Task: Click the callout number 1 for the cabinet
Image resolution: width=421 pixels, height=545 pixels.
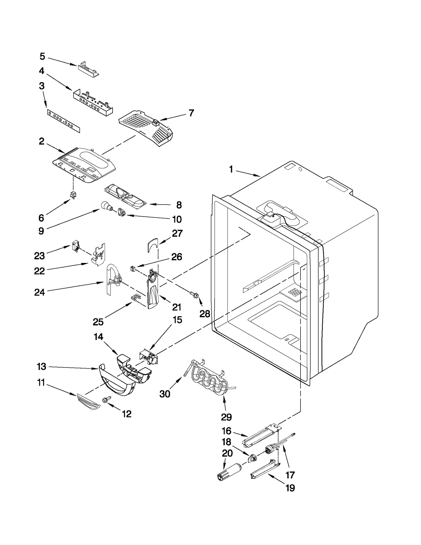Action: [x=231, y=169]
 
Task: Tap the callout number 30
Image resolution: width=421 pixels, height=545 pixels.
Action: [x=165, y=394]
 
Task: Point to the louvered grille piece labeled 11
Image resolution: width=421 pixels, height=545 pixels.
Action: [x=88, y=402]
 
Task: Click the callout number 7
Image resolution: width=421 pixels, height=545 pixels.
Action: [x=191, y=113]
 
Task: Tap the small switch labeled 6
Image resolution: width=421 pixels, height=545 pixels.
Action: [x=72, y=195]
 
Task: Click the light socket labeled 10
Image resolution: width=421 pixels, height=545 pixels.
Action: [x=122, y=212]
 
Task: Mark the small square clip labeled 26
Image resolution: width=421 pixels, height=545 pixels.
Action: [x=133, y=269]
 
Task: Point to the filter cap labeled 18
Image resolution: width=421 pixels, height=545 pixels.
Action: [x=253, y=458]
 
